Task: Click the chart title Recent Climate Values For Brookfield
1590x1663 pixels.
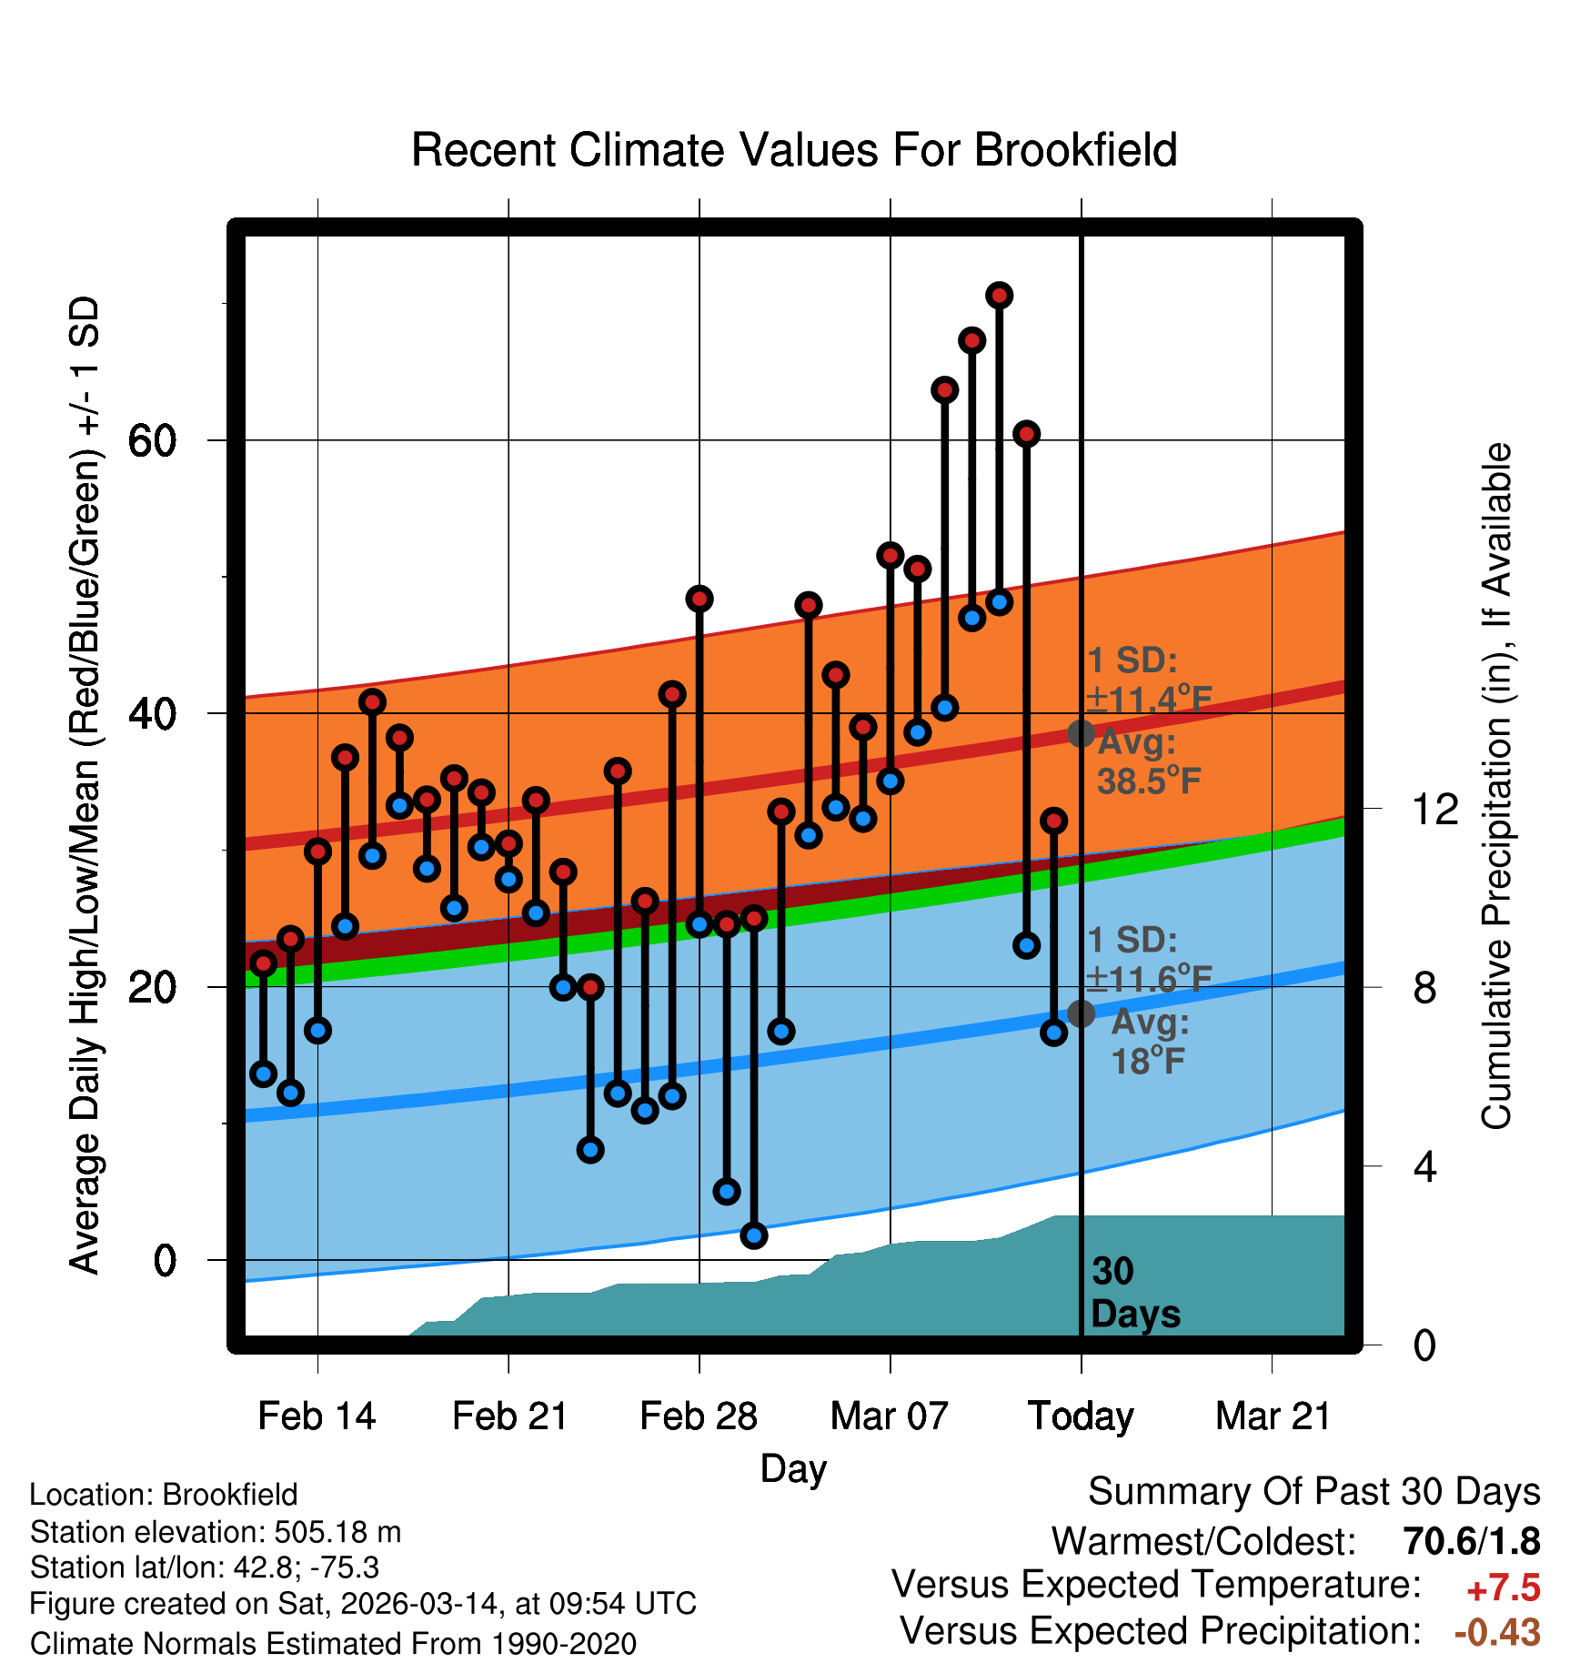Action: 794,150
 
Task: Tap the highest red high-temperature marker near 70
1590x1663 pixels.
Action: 999,296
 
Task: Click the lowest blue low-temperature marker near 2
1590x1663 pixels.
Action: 753,1235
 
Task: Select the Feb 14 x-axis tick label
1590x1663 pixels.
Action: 317,1416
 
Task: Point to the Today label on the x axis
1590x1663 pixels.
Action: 1081,1416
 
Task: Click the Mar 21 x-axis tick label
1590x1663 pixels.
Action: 1273,1416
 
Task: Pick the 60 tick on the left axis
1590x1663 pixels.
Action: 152,441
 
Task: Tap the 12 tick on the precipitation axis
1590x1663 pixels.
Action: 1434,809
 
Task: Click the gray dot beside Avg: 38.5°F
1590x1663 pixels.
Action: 1081,733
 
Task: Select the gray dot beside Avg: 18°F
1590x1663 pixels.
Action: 1081,1013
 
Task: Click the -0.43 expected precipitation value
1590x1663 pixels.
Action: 1497,1632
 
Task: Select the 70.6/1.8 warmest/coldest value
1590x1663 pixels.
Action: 1472,1541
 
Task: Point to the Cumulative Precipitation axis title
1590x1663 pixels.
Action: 1495,786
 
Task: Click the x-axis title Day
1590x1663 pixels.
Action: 793,1468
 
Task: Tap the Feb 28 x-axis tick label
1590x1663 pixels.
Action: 699,1416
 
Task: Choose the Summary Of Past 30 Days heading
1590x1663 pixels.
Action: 1313,1492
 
